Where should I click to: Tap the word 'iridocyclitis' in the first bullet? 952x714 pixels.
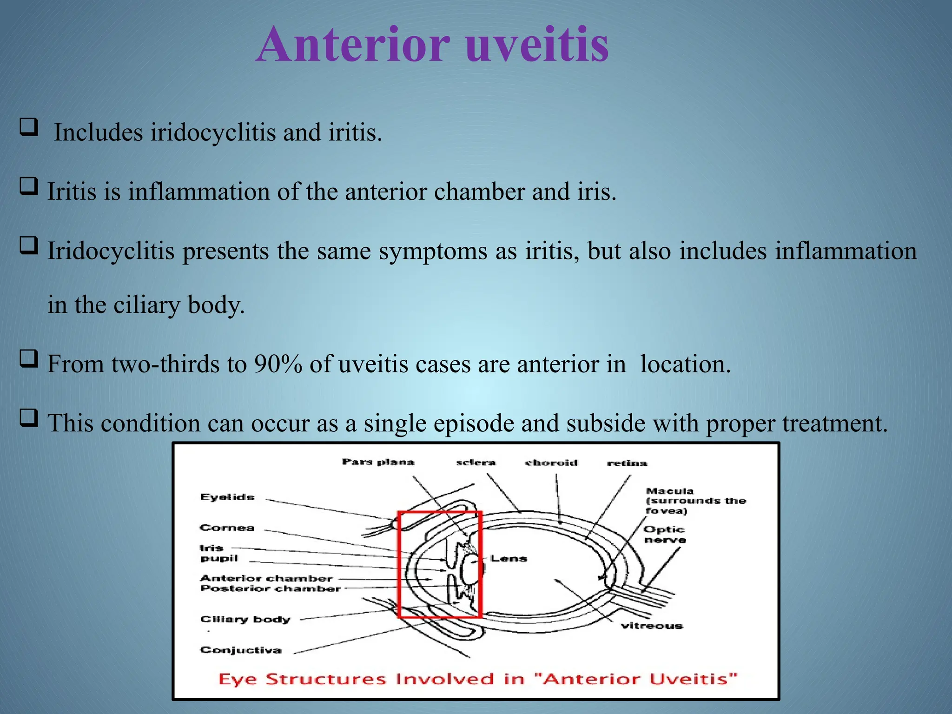pos(213,132)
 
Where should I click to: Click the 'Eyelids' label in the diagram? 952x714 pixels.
pos(227,497)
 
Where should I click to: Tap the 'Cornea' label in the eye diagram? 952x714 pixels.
pos(227,528)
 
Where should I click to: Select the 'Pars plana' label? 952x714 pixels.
pos(378,462)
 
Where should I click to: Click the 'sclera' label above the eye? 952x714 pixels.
pos(476,462)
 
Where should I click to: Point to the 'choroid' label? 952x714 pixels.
pos(551,463)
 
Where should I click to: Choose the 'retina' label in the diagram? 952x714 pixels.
pos(627,463)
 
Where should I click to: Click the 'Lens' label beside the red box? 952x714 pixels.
pos(509,558)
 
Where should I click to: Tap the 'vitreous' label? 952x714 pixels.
pos(652,626)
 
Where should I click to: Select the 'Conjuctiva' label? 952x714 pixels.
pos(241,650)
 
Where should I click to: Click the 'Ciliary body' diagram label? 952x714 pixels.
pos(245,619)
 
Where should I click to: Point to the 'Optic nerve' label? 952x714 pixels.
pos(664,535)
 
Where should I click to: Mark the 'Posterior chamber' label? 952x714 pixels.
pos(271,589)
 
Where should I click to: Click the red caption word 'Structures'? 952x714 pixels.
pos(325,679)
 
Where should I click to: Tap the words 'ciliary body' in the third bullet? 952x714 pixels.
pos(178,305)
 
